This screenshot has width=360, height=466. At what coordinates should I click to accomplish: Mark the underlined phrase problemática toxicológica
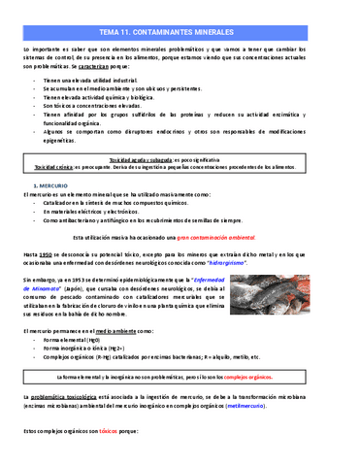click(76, 397)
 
